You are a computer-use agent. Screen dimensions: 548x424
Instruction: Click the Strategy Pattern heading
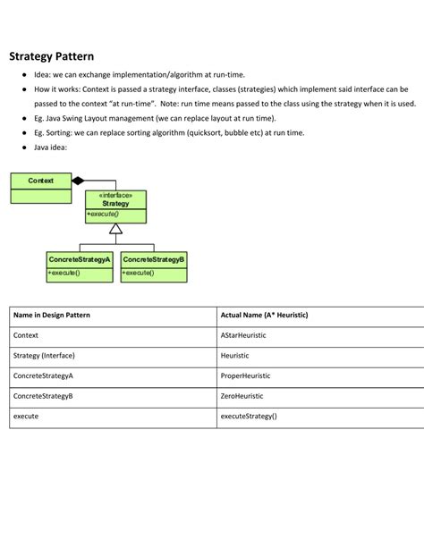coord(51,55)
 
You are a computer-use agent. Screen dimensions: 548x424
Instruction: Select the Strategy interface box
coord(115,206)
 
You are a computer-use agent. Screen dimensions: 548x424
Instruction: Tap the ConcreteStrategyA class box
coord(80,266)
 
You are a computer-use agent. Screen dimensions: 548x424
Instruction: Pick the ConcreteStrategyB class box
coord(154,266)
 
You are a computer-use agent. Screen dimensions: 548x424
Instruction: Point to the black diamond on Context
coord(78,180)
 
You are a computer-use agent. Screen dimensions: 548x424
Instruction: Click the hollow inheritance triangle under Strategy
coord(115,229)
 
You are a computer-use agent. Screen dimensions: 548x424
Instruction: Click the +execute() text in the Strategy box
coord(103,215)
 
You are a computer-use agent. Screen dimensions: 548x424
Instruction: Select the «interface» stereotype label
coord(115,195)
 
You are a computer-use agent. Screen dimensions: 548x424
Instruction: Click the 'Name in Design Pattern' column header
coord(51,316)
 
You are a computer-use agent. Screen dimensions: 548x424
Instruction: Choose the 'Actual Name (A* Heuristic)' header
coord(264,316)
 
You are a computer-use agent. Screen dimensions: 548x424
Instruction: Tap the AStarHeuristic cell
coord(243,335)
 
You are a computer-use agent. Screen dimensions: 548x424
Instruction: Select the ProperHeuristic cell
coord(245,375)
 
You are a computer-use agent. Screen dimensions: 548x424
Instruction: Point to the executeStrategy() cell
coord(249,417)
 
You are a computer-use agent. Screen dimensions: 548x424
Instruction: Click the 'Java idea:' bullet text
coord(54,148)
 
